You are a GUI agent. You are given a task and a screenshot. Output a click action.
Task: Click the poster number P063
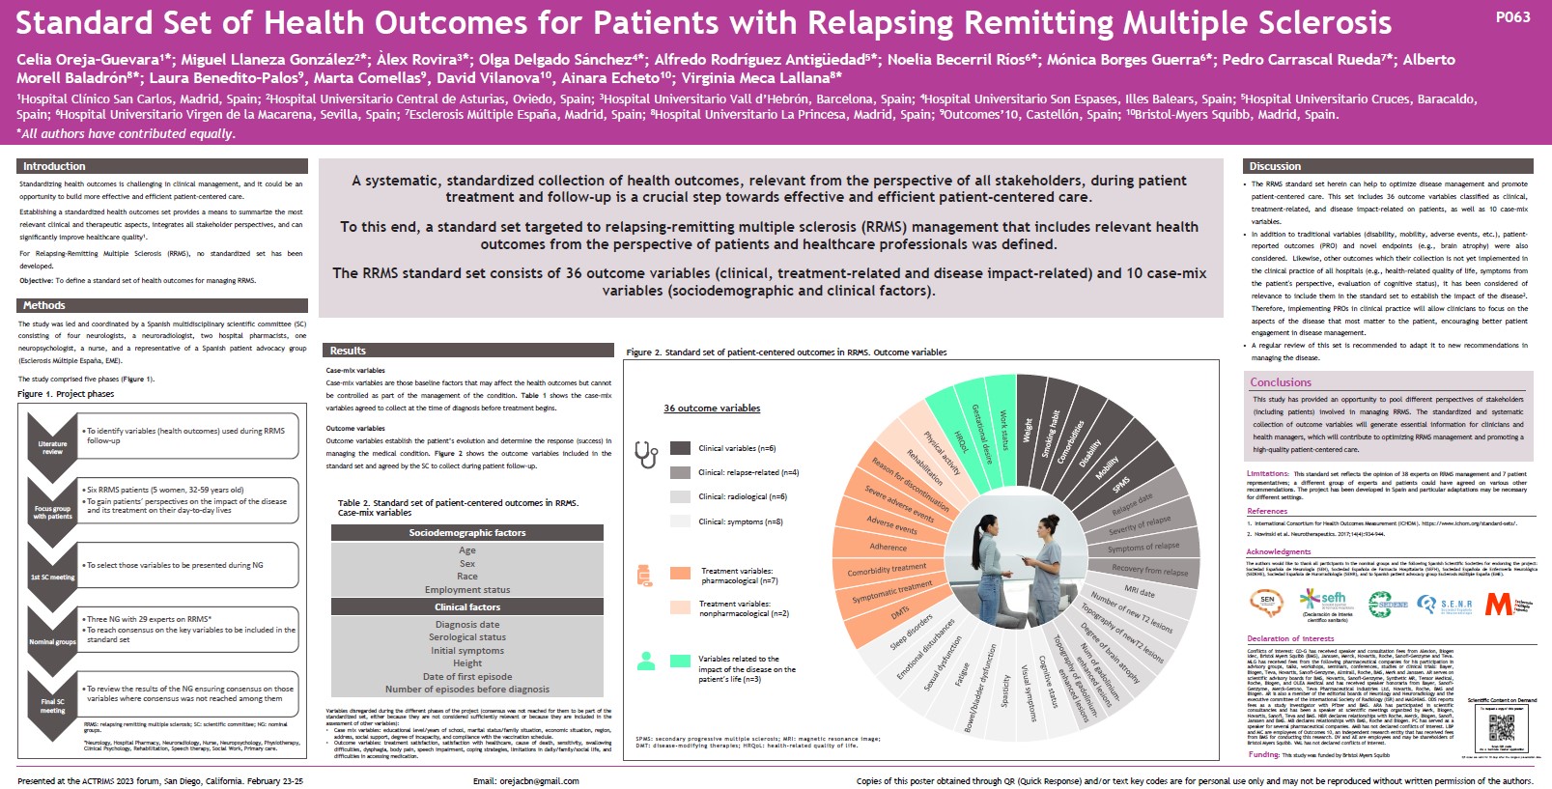click(1511, 16)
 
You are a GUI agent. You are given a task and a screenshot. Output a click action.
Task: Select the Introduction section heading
click(55, 166)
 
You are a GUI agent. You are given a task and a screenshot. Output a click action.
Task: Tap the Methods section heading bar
click(44, 305)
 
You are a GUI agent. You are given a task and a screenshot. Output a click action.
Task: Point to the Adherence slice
click(889, 547)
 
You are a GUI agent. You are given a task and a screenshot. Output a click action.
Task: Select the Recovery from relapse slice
click(1149, 570)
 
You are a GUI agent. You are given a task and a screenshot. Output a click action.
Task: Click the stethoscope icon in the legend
click(645, 452)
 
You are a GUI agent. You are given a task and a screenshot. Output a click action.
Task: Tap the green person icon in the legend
click(647, 661)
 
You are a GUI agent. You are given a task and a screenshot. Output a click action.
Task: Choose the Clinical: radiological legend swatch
click(680, 496)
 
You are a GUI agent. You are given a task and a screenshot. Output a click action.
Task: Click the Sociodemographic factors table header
click(467, 533)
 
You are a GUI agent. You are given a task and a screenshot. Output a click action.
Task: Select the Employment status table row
click(467, 589)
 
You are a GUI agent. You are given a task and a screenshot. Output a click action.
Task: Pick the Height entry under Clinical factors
click(467, 663)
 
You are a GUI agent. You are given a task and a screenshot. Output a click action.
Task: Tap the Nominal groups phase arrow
click(52, 641)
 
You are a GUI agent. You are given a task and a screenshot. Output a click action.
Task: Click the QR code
click(1502, 729)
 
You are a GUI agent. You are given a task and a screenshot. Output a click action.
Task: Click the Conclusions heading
click(1281, 382)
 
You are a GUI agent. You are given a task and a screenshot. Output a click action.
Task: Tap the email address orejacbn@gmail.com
click(526, 781)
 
